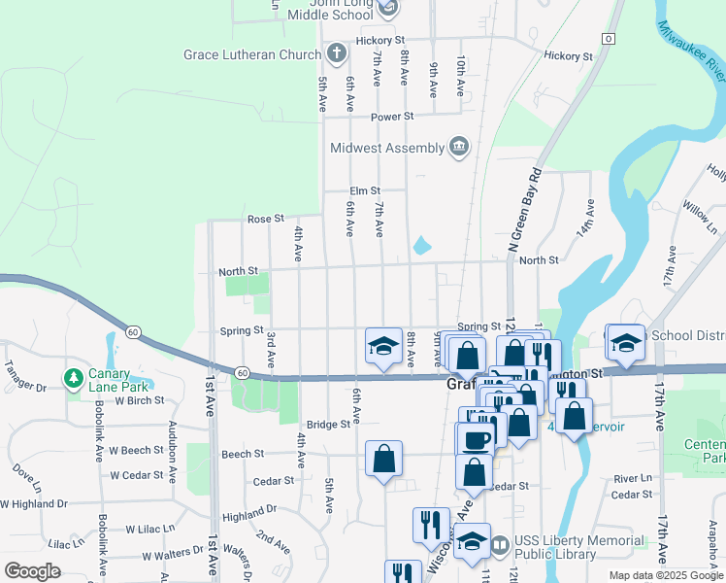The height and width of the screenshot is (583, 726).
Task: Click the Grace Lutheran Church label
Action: (251, 54)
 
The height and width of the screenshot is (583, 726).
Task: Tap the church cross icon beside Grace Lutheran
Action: (336, 53)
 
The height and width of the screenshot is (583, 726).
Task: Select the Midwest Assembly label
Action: (385, 149)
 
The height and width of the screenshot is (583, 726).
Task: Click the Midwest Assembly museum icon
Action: (458, 148)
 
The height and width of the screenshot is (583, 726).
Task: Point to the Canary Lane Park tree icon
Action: (73, 377)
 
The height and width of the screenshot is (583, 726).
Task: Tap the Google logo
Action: (32, 570)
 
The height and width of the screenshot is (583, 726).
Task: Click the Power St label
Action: (393, 117)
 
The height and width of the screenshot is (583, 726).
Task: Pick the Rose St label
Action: (265, 220)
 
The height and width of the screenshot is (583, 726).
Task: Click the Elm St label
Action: (366, 191)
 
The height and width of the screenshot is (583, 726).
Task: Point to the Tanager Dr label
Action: (26, 387)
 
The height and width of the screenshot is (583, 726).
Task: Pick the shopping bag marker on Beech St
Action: (383, 459)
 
